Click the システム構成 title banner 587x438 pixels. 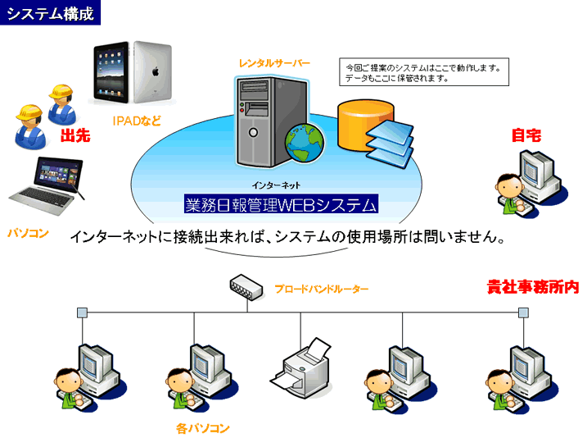(x=51, y=13)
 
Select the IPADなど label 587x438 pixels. (x=136, y=121)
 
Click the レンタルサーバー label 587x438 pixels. (x=275, y=63)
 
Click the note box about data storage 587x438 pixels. (x=423, y=72)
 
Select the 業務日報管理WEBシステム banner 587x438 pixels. (x=282, y=204)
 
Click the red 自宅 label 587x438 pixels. (x=526, y=136)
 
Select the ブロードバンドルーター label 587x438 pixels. (x=321, y=289)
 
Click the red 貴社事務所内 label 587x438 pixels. (x=532, y=287)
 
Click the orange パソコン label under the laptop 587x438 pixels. (x=28, y=233)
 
